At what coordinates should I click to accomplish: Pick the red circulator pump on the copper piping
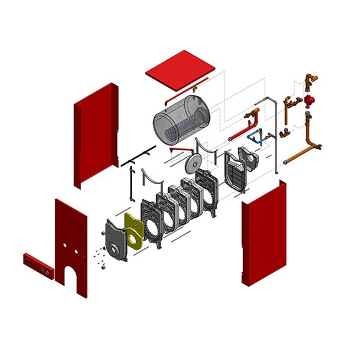click(310, 100)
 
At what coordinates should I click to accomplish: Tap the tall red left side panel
click(96, 135)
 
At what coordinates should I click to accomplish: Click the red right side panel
click(264, 234)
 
